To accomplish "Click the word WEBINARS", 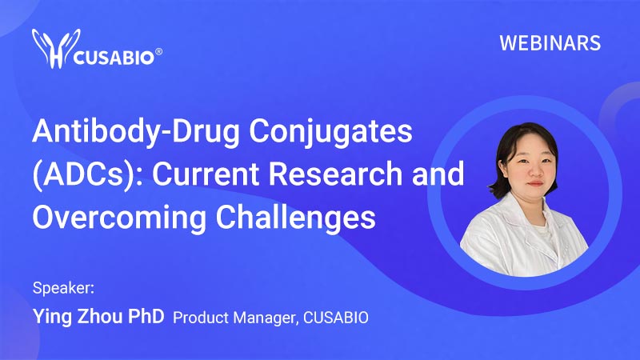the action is click(x=550, y=43).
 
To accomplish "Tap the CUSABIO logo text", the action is click(x=114, y=58).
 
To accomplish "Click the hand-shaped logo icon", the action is click(x=56, y=49).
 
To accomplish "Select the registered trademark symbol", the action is click(x=158, y=52).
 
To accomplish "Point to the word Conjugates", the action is click(x=330, y=132).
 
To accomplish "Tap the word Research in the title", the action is click(x=335, y=173).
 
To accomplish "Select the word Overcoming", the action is click(x=119, y=218).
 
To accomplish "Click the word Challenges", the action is click(x=295, y=218).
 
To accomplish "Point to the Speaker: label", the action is click(x=63, y=289).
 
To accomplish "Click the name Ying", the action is click(x=52, y=317).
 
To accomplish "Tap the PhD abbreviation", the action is click(x=146, y=316).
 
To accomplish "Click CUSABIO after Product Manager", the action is click(x=336, y=318).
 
